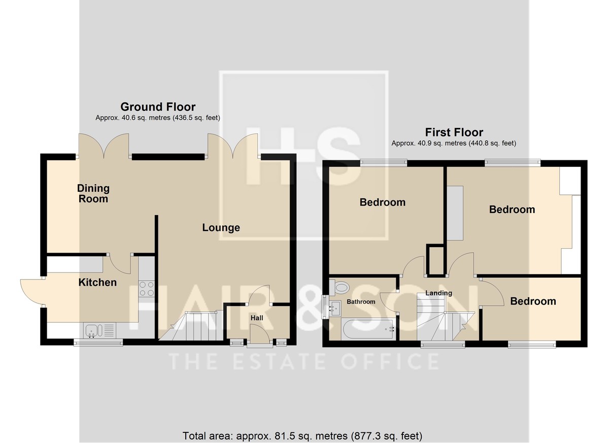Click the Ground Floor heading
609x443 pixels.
pyautogui.click(x=158, y=107)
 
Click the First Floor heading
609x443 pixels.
pyautogui.click(x=454, y=132)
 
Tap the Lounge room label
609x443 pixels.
pyautogui.click(x=221, y=227)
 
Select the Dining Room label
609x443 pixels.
pyautogui.click(x=93, y=193)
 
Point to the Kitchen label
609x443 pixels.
pyautogui.click(x=97, y=282)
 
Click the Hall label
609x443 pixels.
pyautogui.click(x=257, y=318)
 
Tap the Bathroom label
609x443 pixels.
pyautogui.click(x=361, y=301)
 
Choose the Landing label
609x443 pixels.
pyautogui.click(x=438, y=293)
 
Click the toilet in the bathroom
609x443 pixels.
pyautogui.click(x=339, y=287)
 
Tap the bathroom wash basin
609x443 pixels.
pyautogui.click(x=335, y=309)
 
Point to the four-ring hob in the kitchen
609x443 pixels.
pyautogui.click(x=147, y=289)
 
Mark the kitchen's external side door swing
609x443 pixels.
pyautogui.click(x=32, y=292)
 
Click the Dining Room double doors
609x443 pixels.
pyautogui.click(x=104, y=146)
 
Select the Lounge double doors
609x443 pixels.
pyautogui.click(x=233, y=146)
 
